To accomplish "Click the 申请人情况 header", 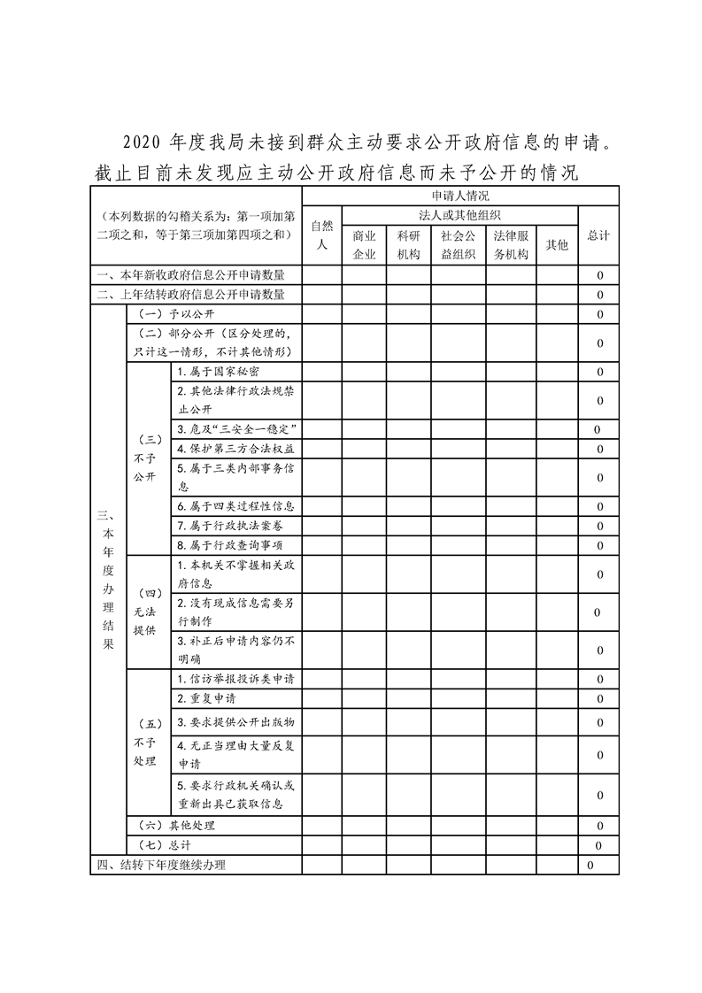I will [x=460, y=196].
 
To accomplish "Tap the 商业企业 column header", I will [x=365, y=245].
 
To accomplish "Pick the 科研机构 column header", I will [x=409, y=245].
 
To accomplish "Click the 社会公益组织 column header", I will [x=459, y=245].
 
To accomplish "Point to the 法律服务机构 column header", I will [x=511, y=245].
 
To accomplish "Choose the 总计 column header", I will [x=598, y=235].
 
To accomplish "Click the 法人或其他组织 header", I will [x=460, y=215].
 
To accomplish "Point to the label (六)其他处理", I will [x=177, y=826].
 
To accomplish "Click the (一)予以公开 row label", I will [x=177, y=314].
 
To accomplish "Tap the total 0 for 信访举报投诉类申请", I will [x=599, y=680].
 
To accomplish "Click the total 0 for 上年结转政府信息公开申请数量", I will [x=599, y=295].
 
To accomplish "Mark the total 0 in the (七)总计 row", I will [x=599, y=845].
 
